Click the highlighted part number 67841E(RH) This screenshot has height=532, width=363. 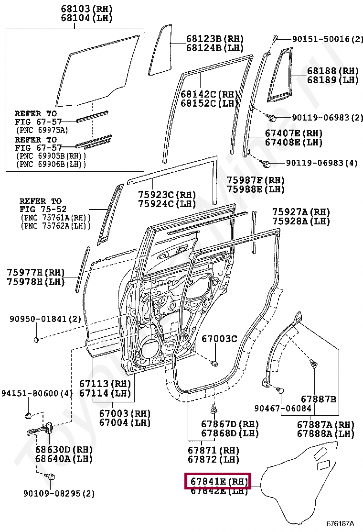[x=217, y=481]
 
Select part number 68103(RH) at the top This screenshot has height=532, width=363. [x=86, y=9]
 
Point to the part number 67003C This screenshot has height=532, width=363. [x=219, y=339]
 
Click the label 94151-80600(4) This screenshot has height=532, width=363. [x=37, y=393]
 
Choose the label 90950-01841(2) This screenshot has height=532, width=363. [x=45, y=319]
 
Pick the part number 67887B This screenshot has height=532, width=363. [x=318, y=399]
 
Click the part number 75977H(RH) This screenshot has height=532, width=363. [x=35, y=273]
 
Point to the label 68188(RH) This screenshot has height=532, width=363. [x=332, y=71]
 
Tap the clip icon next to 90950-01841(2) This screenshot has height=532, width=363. [x=36, y=340]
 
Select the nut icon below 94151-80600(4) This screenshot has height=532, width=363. [x=28, y=414]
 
